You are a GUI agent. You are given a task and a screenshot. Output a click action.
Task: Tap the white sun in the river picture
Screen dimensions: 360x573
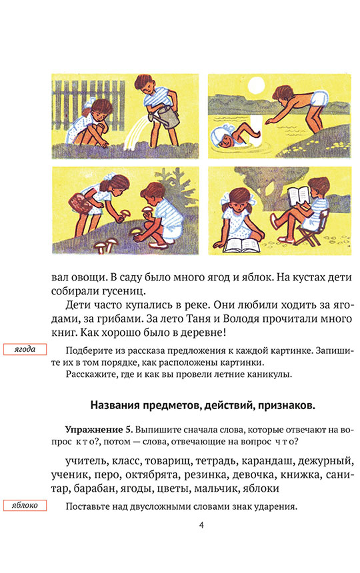[x=256, y=85]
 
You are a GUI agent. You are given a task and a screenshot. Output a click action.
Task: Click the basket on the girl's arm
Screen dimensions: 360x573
[x=81, y=203]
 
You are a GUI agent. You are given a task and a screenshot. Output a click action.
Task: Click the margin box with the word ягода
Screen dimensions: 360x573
[x=25, y=349]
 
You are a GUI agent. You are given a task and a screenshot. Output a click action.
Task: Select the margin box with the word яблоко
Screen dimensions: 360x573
[x=25, y=506]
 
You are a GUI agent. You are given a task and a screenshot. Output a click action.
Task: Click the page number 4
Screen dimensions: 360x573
[x=201, y=525]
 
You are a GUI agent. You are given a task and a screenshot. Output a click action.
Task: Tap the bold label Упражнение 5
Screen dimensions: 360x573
[x=99, y=429]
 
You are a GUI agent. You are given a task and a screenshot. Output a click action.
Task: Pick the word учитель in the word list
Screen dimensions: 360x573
[x=86, y=461]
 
